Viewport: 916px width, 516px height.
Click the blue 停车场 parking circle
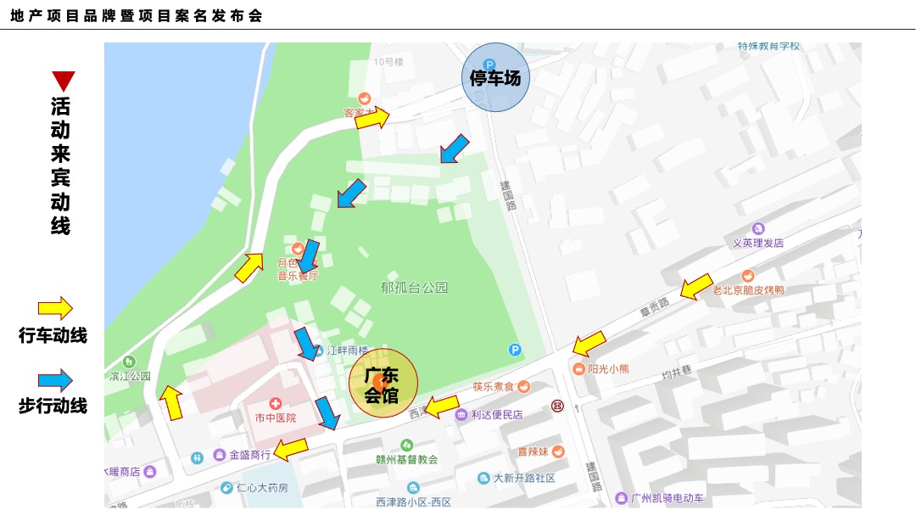tap(494, 78)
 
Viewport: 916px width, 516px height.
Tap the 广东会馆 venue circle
tap(383, 384)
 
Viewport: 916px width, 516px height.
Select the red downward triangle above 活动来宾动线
tap(63, 81)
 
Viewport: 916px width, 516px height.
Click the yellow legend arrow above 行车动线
tap(55, 308)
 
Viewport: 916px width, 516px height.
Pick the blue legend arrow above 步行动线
tap(55, 380)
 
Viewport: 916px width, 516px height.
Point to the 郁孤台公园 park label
tap(414, 288)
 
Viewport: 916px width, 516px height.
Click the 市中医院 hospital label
tap(276, 418)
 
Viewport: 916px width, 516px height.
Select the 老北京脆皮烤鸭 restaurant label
tap(747, 290)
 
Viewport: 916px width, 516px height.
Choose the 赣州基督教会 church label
tap(407, 459)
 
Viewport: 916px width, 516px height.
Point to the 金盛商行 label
tap(249, 455)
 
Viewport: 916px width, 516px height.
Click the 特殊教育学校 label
tap(768, 46)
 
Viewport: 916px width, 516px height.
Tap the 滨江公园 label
tap(129, 375)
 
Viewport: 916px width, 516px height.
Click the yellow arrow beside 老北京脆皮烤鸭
tap(696, 287)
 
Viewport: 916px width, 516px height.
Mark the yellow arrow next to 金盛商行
tap(291, 448)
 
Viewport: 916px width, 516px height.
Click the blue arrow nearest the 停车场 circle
tap(454, 149)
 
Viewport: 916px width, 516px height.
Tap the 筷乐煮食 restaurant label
tap(494, 387)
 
